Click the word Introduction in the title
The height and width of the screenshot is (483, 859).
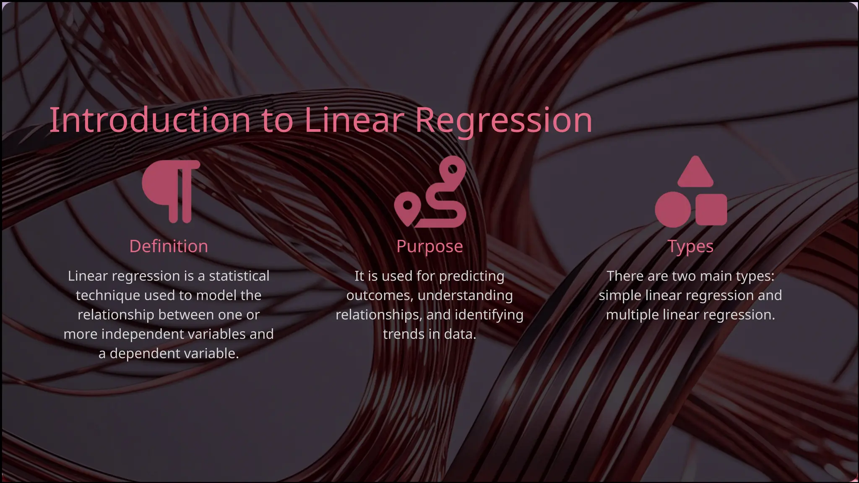click(150, 120)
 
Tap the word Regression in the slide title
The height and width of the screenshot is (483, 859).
click(503, 120)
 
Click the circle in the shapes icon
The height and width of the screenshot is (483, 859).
click(672, 210)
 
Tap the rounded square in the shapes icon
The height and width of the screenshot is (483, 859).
click(711, 209)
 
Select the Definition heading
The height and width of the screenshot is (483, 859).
click(169, 247)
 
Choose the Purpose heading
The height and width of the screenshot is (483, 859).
click(429, 247)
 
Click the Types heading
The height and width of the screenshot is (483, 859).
click(690, 247)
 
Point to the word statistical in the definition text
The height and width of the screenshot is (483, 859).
click(239, 276)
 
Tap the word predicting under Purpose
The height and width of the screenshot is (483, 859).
click(471, 276)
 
